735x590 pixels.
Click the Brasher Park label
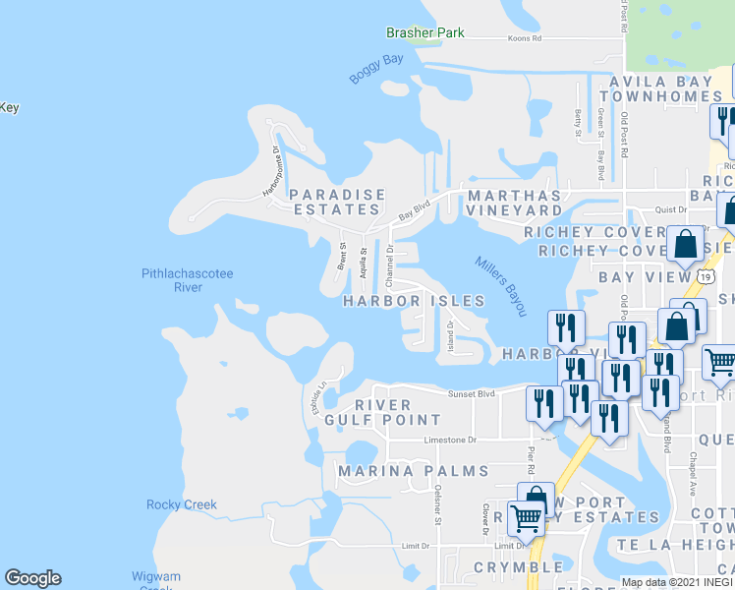(424, 32)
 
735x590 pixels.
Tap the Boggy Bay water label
(376, 73)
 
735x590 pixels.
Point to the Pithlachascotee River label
(187, 280)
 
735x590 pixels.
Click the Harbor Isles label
(414, 301)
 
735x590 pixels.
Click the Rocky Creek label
(181, 504)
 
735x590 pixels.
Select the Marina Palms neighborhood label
(414, 472)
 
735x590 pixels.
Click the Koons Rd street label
(525, 38)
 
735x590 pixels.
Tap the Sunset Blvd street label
(469, 393)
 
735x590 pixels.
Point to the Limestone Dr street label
(449, 441)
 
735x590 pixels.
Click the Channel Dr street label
(390, 259)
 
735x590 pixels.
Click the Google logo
(32, 578)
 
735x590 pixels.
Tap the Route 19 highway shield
(706, 277)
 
